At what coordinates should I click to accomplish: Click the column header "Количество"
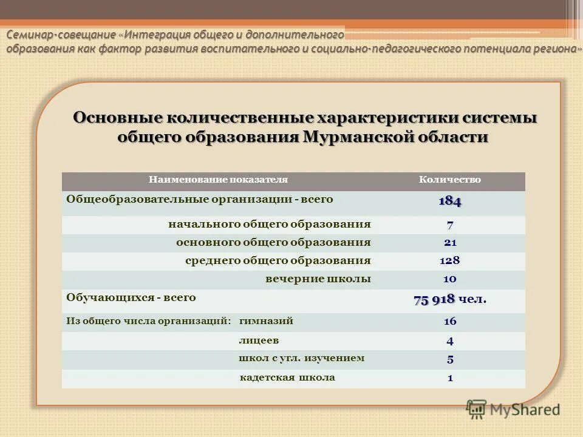point(450,180)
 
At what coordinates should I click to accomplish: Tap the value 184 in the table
point(450,202)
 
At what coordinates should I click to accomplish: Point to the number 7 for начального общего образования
point(450,225)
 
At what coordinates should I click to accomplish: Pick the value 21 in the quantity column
point(450,243)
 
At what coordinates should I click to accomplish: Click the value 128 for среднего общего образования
point(450,261)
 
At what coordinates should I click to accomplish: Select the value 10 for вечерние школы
point(450,279)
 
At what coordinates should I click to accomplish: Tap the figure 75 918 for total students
point(435,300)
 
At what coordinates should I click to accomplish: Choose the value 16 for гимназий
point(450,322)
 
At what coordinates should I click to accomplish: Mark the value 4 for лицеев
point(450,341)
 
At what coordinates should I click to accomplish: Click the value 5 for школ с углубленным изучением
point(450,359)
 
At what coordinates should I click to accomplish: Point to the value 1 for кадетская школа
point(450,378)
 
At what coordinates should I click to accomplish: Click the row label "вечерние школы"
point(318,279)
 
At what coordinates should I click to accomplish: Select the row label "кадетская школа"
point(287,378)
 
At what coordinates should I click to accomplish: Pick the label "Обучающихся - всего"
point(131,298)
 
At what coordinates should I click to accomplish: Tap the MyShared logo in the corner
point(513,409)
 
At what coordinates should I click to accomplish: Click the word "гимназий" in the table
point(266,321)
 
